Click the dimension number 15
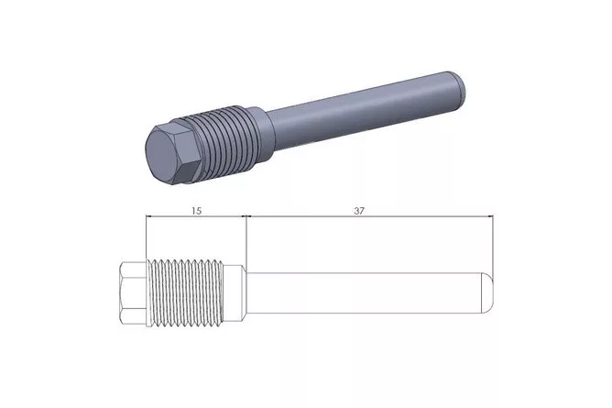pyautogui.click(x=196, y=211)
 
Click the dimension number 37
pyautogui.click(x=359, y=211)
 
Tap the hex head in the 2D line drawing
pyautogui.click(x=133, y=292)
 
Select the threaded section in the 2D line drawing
pyautogui.click(x=185, y=292)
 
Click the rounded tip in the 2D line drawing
pyautogui.click(x=487, y=292)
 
